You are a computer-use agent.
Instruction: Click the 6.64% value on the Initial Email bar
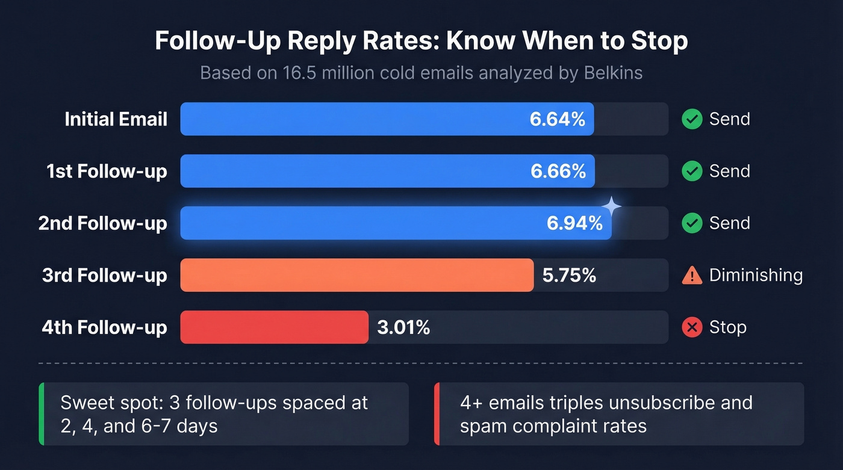(557, 119)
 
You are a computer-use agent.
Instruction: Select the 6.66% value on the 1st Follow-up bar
(558, 172)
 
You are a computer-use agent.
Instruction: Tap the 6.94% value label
(574, 223)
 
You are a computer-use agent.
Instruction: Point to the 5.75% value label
(569, 276)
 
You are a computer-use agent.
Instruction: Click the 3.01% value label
(403, 327)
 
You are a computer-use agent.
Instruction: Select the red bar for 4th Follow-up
(274, 327)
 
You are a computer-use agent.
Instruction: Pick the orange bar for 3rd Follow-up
(356, 276)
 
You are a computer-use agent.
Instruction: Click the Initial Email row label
(116, 119)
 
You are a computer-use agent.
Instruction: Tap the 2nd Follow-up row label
(102, 223)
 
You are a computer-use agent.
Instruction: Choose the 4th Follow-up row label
(104, 327)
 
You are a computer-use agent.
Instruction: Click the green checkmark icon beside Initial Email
(692, 119)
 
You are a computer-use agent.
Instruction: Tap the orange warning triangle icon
(692, 276)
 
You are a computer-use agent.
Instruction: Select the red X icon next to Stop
(692, 327)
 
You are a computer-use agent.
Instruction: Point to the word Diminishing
(756, 275)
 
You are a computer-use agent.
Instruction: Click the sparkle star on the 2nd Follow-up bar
(611, 206)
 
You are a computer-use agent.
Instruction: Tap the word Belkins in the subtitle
(613, 73)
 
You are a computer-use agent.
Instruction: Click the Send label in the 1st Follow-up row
(729, 172)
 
